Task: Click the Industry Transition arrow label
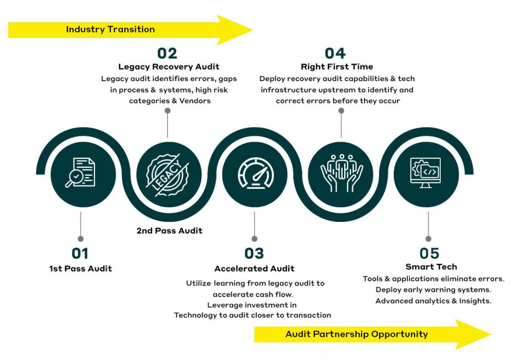point(110,29)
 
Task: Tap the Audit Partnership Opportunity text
point(356,334)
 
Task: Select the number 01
point(80,253)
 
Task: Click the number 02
point(167,53)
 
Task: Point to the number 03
point(254,253)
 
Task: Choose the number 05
point(429,253)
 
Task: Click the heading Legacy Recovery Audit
point(168,67)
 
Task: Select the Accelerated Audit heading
point(254,269)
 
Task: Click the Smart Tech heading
point(431,267)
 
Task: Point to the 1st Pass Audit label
point(80,269)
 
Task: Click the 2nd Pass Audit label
point(170,231)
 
